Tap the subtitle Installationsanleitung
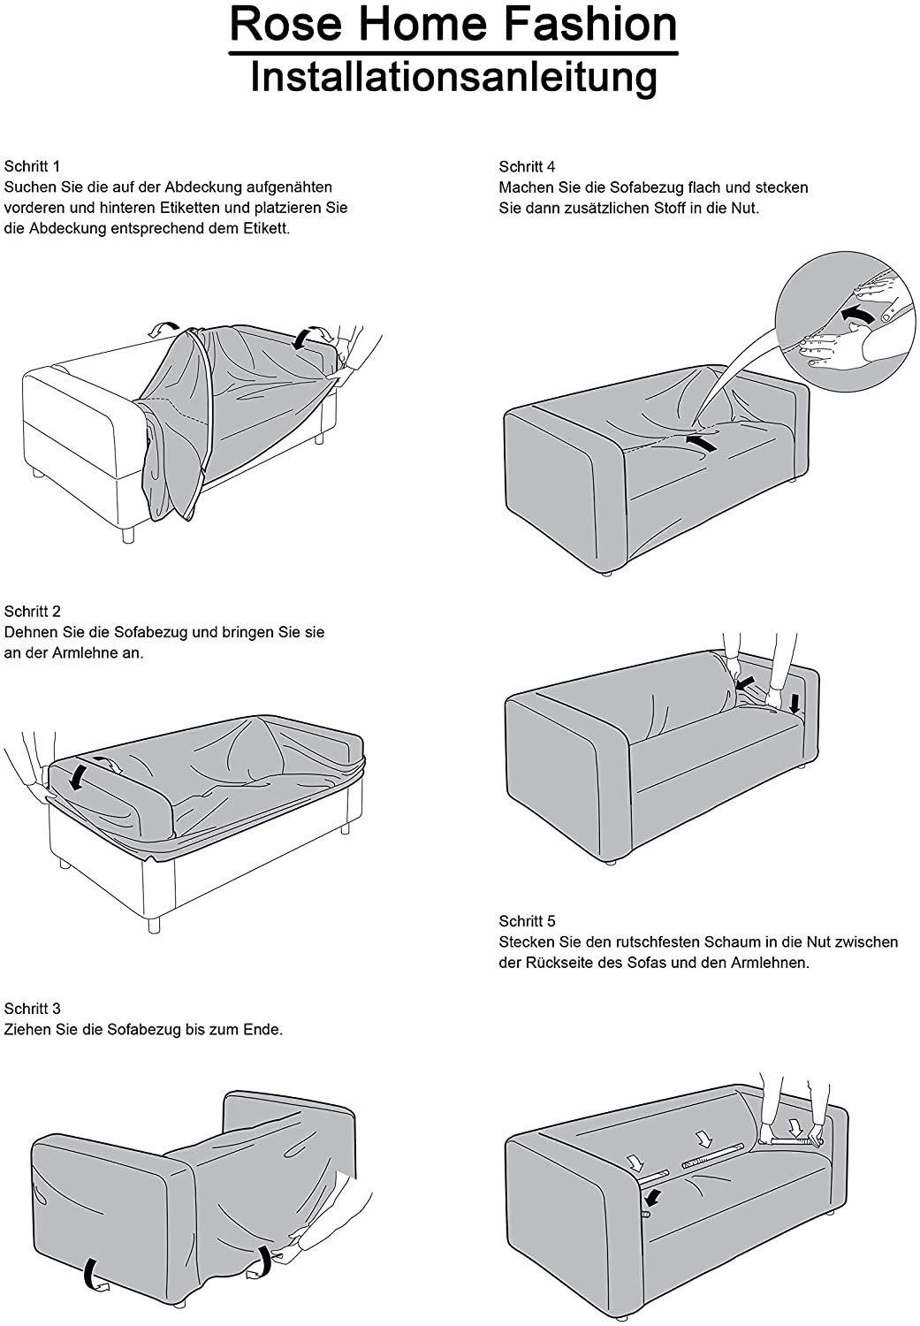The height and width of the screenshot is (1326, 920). pyautogui.click(x=453, y=76)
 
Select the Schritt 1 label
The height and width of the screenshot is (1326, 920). pyautogui.click(x=33, y=166)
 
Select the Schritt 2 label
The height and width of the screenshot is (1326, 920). pyautogui.click(x=33, y=611)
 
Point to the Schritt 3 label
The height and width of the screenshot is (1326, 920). pyautogui.click(x=33, y=1009)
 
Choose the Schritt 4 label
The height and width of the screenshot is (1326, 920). pyautogui.click(x=527, y=166)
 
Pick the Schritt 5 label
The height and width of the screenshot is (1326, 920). pyautogui.click(x=527, y=920)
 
